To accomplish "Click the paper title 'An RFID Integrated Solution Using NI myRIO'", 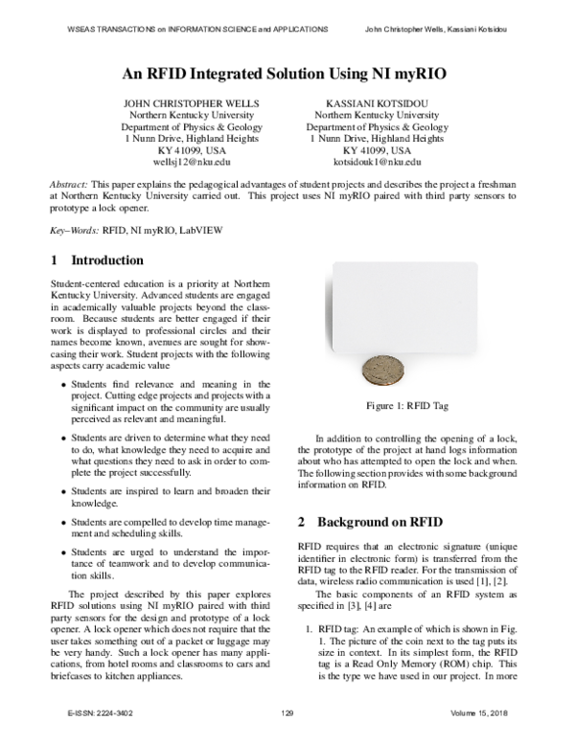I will click(287, 72).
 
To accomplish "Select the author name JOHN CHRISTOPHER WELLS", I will click(178, 101).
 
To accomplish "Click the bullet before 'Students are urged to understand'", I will click(64, 553).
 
